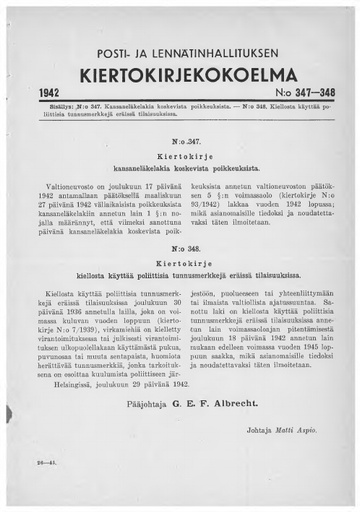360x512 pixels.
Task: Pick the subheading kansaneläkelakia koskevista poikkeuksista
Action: point(180,171)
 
